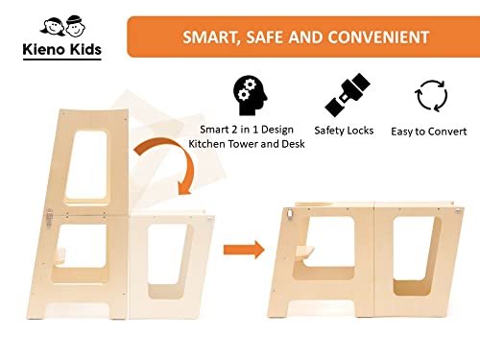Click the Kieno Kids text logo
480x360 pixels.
62,50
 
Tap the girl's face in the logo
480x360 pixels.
52,27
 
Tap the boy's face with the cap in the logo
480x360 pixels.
76,26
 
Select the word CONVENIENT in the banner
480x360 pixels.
378,37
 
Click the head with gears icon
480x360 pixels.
251,95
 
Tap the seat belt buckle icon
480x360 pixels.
348,95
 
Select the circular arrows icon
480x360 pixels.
431,96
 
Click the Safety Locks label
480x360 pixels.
344,131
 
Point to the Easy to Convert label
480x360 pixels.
429,132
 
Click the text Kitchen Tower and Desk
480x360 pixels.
247,144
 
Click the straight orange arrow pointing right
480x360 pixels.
244,250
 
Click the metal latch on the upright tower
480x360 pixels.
49,217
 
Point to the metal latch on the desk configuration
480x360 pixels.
290,214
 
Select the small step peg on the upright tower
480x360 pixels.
60,256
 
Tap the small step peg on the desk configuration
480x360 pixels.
304,255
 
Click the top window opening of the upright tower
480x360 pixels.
86,165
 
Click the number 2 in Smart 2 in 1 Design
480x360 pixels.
234,130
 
